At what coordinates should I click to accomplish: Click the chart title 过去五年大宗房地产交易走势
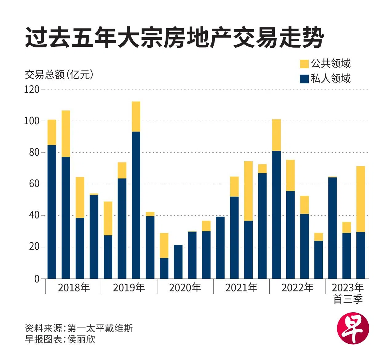pyautogui.click(x=174, y=38)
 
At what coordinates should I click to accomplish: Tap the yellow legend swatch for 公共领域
pyautogui.click(x=304, y=64)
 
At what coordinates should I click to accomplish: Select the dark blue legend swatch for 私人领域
pyautogui.click(x=304, y=79)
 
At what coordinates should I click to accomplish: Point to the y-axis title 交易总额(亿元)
pyautogui.click(x=59, y=74)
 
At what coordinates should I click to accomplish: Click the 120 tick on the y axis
pyautogui.click(x=32, y=90)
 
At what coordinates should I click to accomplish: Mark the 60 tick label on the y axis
pyautogui.click(x=34, y=184)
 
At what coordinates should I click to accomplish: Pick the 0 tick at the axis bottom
pyautogui.click(x=37, y=279)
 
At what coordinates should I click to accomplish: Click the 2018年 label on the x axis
pyautogui.click(x=74, y=288)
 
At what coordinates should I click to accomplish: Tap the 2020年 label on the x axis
pyautogui.click(x=185, y=288)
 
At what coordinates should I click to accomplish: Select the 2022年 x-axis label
pyautogui.click(x=297, y=288)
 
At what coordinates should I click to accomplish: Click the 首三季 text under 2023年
pyautogui.click(x=348, y=299)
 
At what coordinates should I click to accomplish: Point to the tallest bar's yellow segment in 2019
pyautogui.click(x=136, y=116)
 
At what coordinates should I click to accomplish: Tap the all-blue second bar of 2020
pyautogui.click(x=178, y=262)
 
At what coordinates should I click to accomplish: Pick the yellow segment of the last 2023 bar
pyautogui.click(x=360, y=199)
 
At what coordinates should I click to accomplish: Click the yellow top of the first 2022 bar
pyautogui.click(x=276, y=135)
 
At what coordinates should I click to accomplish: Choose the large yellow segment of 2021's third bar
pyautogui.click(x=248, y=191)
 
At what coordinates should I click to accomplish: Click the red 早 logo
pyautogui.click(x=353, y=328)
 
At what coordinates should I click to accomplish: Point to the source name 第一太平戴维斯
pyautogui.click(x=100, y=328)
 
